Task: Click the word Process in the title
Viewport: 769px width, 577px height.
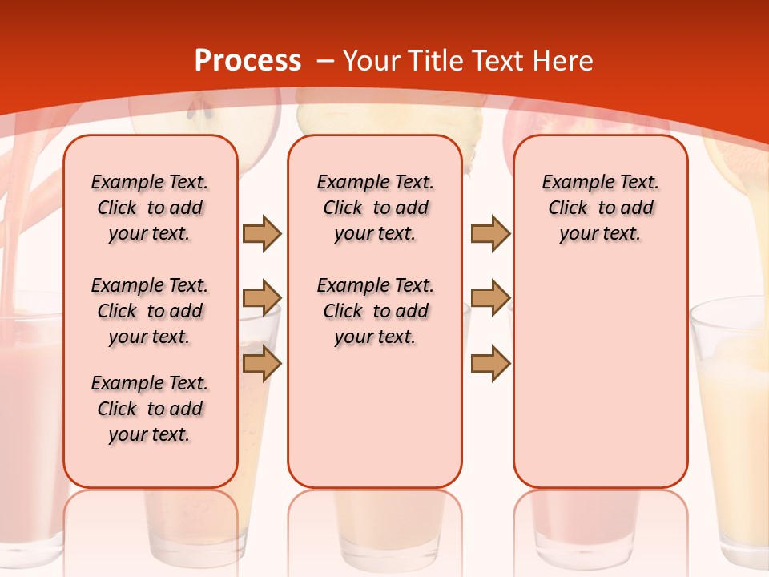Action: [248, 61]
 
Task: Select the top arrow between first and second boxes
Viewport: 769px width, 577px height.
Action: [262, 233]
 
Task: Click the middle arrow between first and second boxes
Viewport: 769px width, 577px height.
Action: [262, 298]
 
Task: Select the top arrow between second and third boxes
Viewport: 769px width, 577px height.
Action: [490, 233]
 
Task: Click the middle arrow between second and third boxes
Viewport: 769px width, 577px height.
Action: [490, 298]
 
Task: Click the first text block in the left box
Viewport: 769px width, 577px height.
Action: [150, 208]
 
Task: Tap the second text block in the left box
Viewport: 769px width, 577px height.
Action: [150, 311]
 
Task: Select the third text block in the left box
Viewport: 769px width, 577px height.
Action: [150, 409]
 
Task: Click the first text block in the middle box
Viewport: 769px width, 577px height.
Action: [375, 208]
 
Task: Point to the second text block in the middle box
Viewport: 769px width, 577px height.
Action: [375, 311]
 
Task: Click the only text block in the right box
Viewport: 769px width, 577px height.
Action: [600, 208]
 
